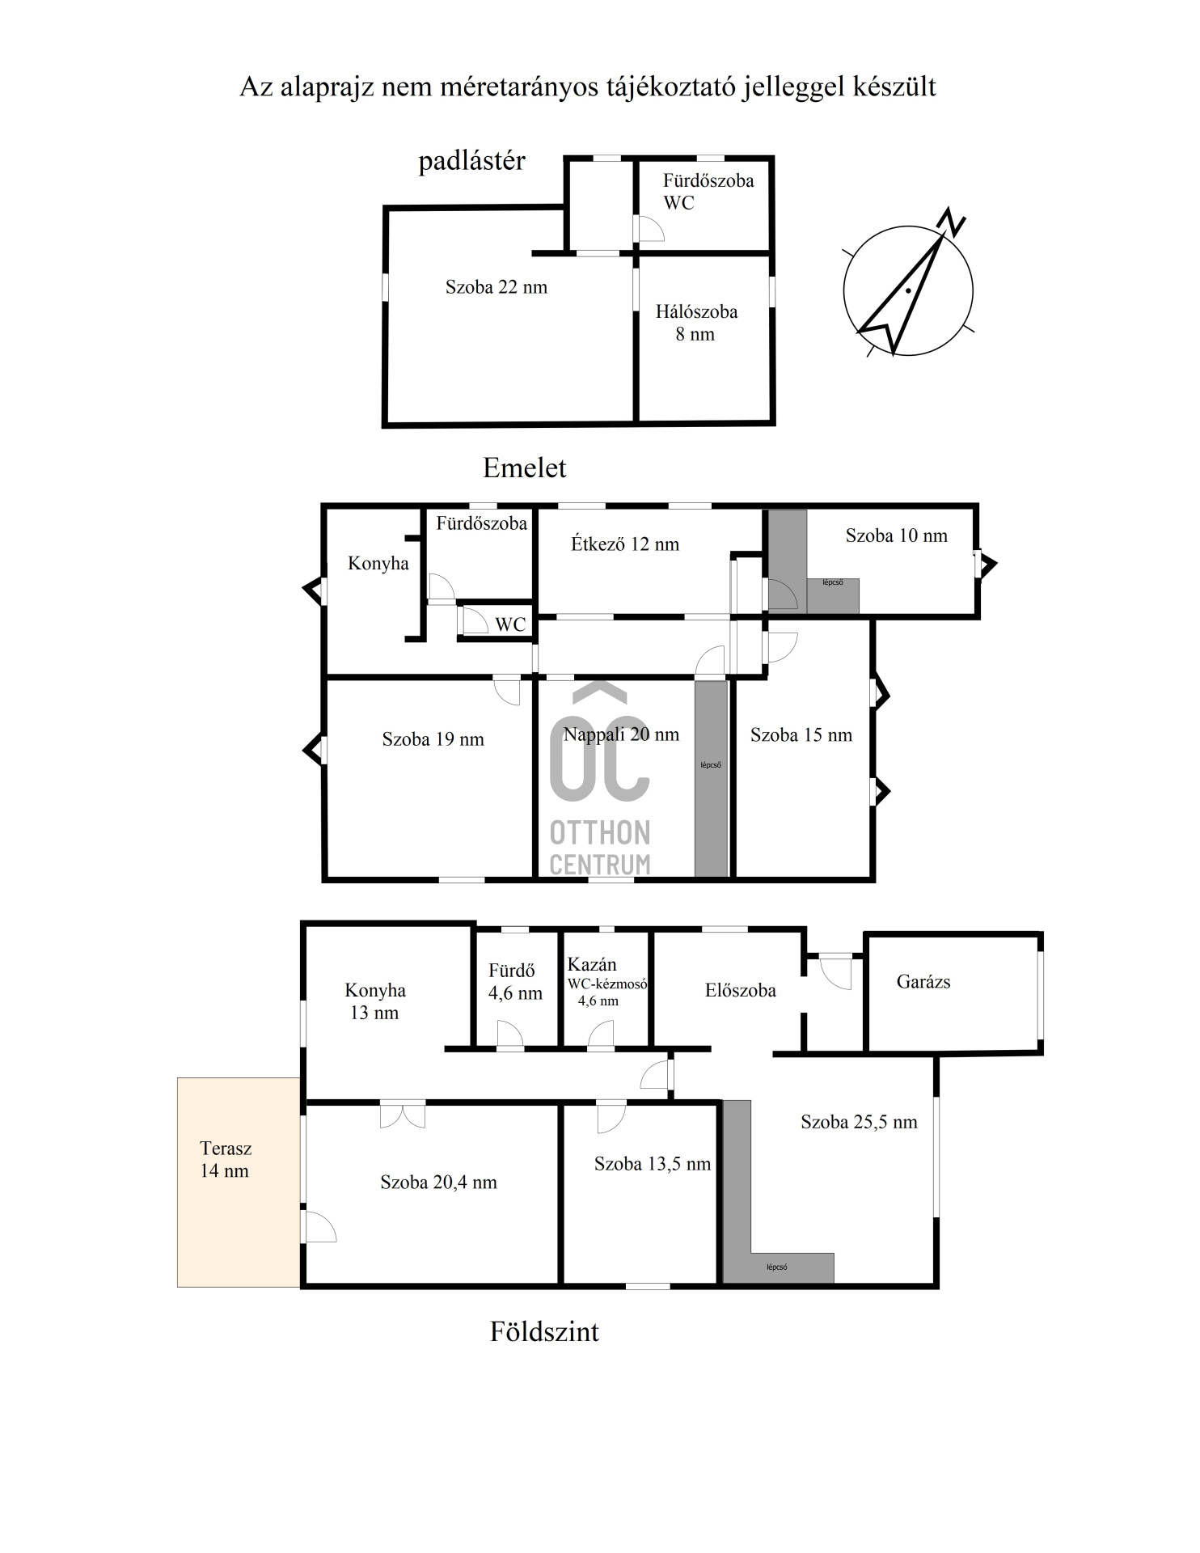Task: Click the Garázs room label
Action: pyautogui.click(x=923, y=982)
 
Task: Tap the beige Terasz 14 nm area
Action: pyautogui.click(x=239, y=1182)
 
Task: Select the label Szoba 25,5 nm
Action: pyautogui.click(x=859, y=1122)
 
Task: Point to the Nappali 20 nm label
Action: pyautogui.click(x=621, y=734)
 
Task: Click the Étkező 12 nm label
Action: pyautogui.click(x=625, y=544)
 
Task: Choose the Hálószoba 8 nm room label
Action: pyautogui.click(x=696, y=323)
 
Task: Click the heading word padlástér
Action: pyautogui.click(x=471, y=161)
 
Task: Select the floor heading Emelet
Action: pyautogui.click(x=525, y=468)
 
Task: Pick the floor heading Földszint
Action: pyautogui.click(x=544, y=1331)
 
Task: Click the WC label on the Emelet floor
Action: pyautogui.click(x=510, y=624)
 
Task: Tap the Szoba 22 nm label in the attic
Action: pyautogui.click(x=496, y=287)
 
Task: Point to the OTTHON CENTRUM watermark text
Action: pyautogui.click(x=599, y=848)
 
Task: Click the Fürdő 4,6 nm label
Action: pyautogui.click(x=515, y=981)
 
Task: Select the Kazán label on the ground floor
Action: pyautogui.click(x=592, y=964)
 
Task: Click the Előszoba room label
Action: pyautogui.click(x=741, y=990)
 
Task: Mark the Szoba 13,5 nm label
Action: pyautogui.click(x=653, y=1164)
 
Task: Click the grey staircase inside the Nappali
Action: pyautogui.click(x=712, y=779)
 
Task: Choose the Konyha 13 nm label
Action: pyautogui.click(x=375, y=1001)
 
